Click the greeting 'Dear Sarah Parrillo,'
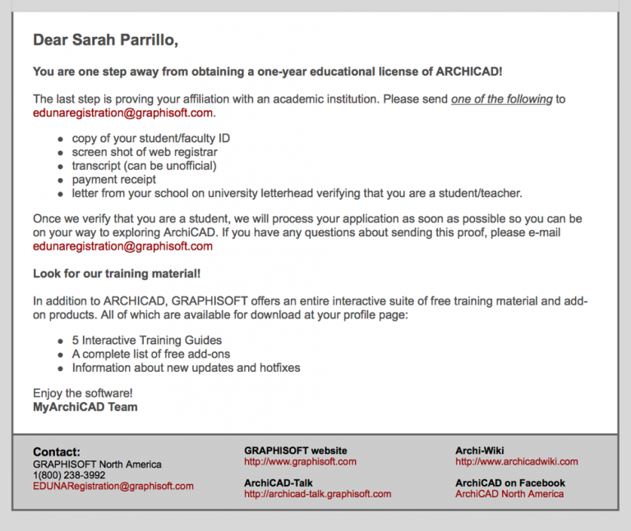pyautogui.click(x=106, y=39)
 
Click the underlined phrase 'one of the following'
pyautogui.click(x=501, y=99)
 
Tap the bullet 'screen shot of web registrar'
pyautogui.click(x=145, y=152)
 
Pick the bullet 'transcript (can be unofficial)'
pyautogui.click(x=144, y=166)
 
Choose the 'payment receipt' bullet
pyautogui.click(x=113, y=179)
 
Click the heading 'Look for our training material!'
pyautogui.click(x=117, y=272)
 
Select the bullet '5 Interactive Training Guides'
pyautogui.click(x=146, y=340)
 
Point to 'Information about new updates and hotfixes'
pyautogui.click(x=186, y=368)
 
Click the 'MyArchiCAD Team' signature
pyautogui.click(x=85, y=406)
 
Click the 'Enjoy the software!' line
pyautogui.click(x=83, y=393)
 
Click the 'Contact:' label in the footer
pyautogui.click(x=57, y=452)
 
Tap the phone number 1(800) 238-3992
pyautogui.click(x=69, y=475)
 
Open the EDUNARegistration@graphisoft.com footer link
pyautogui.click(x=113, y=486)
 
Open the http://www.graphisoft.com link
pyautogui.click(x=300, y=461)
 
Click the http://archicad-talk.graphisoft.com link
pyautogui.click(x=317, y=494)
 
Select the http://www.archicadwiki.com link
pyautogui.click(x=516, y=461)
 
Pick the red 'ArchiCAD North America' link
pyautogui.click(x=509, y=494)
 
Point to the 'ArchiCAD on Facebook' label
pyautogui.click(x=510, y=483)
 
